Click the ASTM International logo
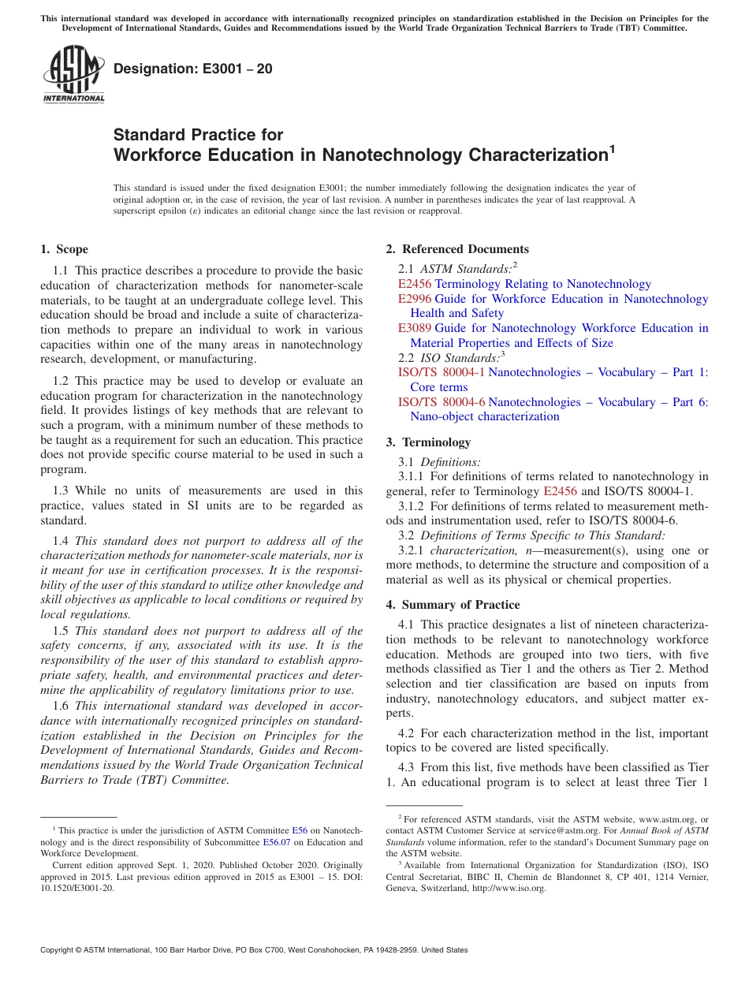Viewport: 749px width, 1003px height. [x=73, y=75]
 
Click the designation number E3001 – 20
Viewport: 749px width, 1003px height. [x=193, y=69]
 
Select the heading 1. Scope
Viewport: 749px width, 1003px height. [x=64, y=250]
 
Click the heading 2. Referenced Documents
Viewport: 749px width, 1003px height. [x=457, y=250]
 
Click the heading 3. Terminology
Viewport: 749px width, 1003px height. [x=436, y=442]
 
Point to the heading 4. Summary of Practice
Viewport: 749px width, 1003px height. [x=453, y=605]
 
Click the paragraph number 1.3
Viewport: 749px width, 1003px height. [x=61, y=490]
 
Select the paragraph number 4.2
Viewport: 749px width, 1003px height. [x=406, y=733]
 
